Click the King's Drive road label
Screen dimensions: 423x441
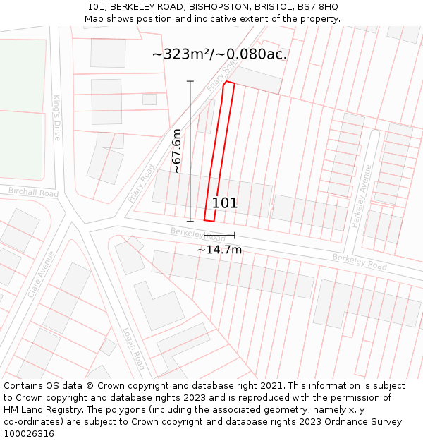coord(57,118)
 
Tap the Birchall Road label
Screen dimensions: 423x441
coord(33,192)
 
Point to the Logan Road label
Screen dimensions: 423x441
coord(134,347)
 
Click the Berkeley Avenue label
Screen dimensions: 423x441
coord(362,196)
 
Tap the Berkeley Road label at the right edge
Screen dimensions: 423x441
coord(360,262)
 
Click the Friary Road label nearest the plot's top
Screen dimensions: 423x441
coord(221,76)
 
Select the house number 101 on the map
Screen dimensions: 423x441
coord(225,203)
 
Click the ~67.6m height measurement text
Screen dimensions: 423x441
coord(177,150)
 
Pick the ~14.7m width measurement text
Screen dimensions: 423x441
coord(219,250)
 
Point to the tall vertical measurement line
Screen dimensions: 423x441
coord(190,151)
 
